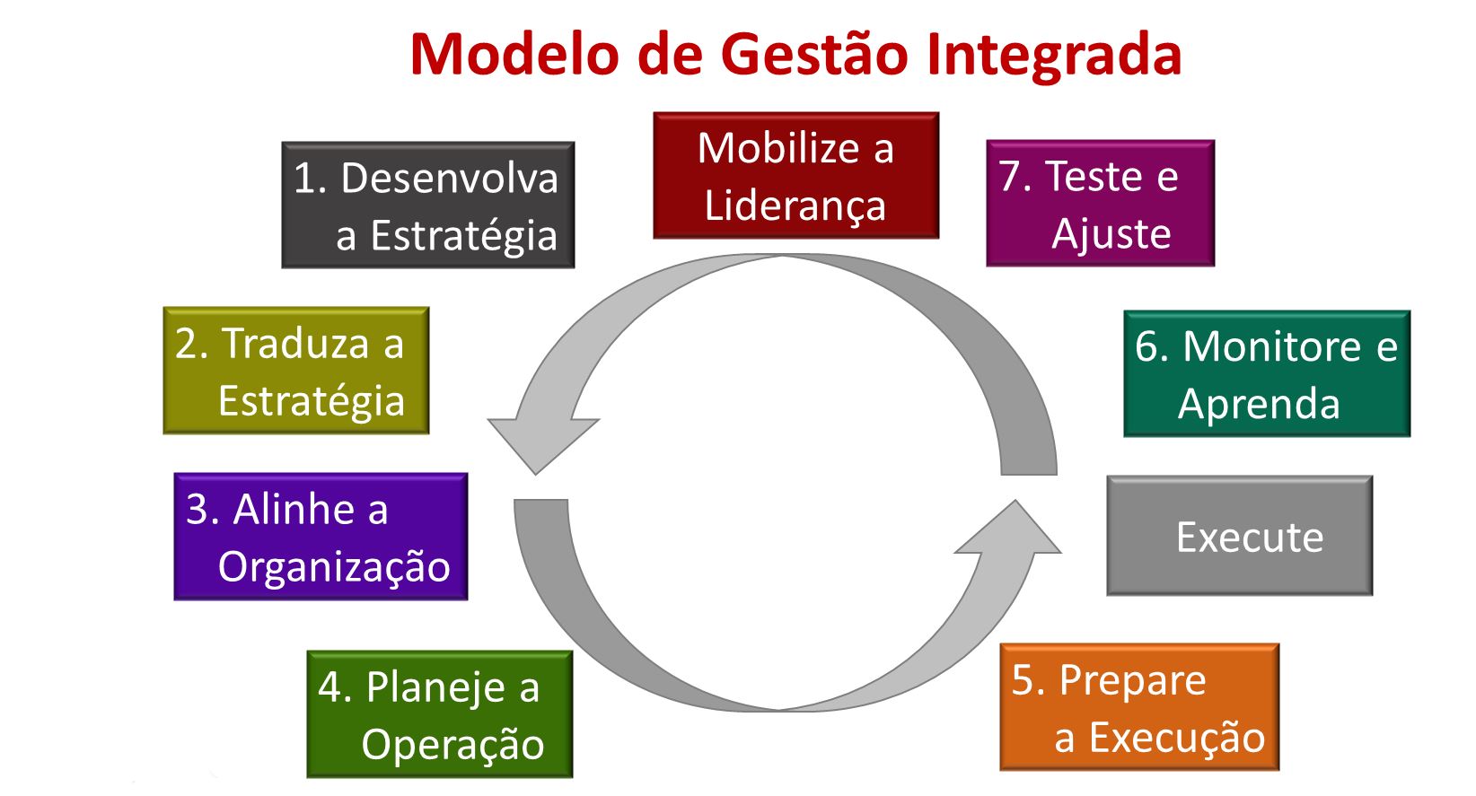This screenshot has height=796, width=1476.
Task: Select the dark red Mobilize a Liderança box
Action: [x=795, y=176]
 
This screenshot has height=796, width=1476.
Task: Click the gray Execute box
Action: [x=1239, y=536]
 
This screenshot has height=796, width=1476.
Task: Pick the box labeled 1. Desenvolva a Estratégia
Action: [x=427, y=206]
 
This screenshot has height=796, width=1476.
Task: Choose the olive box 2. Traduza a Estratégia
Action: [x=295, y=371]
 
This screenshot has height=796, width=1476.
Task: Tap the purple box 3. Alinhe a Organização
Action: [x=321, y=537]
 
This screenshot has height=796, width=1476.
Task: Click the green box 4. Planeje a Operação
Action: [x=439, y=714]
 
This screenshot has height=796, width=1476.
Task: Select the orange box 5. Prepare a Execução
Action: [x=1138, y=707]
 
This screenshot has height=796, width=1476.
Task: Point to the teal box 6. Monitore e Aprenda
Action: [x=1266, y=374]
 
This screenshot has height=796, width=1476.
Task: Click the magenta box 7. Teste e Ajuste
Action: [x=1100, y=204]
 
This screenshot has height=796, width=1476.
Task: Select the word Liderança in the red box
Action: [x=795, y=206]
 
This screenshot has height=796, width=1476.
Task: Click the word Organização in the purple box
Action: [x=334, y=567]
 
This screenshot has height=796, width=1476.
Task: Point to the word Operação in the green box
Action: [x=452, y=745]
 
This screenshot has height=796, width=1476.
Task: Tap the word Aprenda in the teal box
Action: [x=1258, y=404]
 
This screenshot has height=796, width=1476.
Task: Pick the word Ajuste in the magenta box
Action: [x=1111, y=234]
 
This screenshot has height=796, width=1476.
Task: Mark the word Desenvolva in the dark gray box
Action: [x=449, y=178]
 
